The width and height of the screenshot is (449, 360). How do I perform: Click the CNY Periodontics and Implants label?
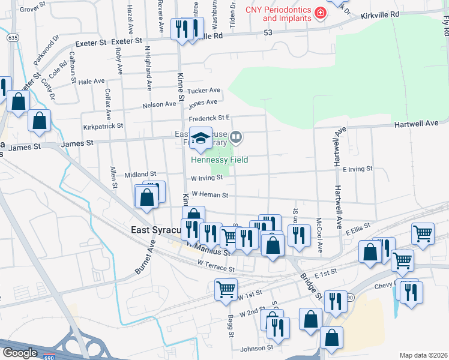pos(279,14)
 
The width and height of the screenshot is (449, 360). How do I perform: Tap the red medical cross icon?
pos(320,13)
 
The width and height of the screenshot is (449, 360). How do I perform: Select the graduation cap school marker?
pos(200,139)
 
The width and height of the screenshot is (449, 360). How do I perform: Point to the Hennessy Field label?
pos(219,160)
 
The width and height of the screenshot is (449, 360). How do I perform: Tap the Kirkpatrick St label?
pos(103,127)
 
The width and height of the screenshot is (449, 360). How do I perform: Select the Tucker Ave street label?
pos(204,91)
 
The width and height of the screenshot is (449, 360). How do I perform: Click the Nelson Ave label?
pos(159,104)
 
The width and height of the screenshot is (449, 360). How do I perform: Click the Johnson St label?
pos(257,347)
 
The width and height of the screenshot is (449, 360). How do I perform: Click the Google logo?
pos(19,353)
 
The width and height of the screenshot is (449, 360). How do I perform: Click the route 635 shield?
pos(13,37)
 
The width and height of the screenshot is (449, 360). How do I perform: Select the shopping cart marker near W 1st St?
pos(226,289)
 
